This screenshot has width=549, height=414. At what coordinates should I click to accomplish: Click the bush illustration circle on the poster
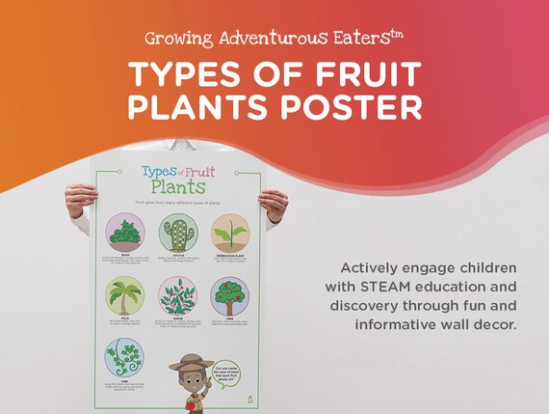click(x=125, y=233)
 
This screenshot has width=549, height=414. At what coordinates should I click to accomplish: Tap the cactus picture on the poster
click(x=177, y=233)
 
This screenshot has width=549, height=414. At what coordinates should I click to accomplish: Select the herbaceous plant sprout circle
click(x=230, y=233)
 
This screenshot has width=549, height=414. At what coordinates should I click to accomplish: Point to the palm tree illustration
click(x=125, y=296)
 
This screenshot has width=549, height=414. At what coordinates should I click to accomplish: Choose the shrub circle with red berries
click(x=177, y=296)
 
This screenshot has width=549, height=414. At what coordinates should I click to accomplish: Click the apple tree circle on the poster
click(x=230, y=296)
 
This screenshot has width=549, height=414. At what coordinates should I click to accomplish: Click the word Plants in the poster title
click(x=178, y=184)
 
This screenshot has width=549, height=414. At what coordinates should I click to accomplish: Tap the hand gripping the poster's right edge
click(x=273, y=204)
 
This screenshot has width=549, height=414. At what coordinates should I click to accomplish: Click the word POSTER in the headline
click(x=355, y=105)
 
